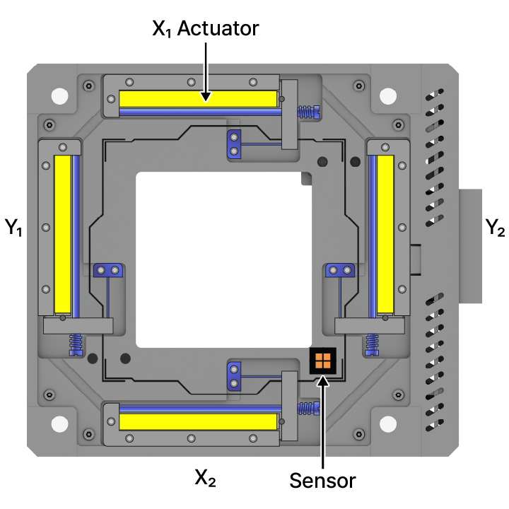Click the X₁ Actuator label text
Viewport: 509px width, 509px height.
coord(206,28)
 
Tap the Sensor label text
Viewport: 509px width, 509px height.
coord(322,481)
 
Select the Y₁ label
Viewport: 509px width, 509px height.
coord(13,227)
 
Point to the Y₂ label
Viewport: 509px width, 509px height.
coord(495,227)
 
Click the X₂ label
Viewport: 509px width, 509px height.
coord(205,478)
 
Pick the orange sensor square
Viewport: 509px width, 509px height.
coord(323,361)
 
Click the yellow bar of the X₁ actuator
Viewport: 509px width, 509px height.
coord(198,99)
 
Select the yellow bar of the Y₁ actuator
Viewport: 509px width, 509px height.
coord(63,234)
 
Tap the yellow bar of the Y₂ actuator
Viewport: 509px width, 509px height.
coord(385,234)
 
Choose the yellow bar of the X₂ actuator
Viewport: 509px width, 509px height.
coord(198,421)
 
